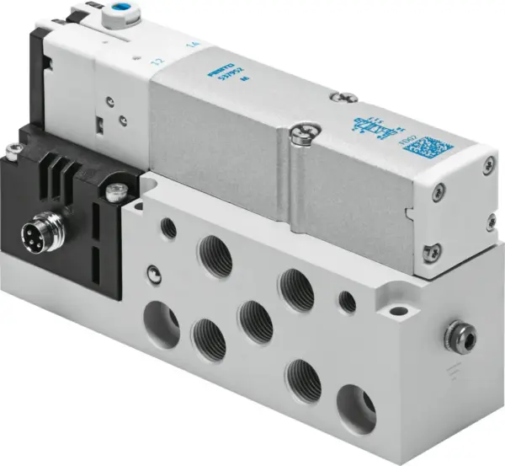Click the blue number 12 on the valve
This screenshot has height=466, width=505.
tap(155, 61)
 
